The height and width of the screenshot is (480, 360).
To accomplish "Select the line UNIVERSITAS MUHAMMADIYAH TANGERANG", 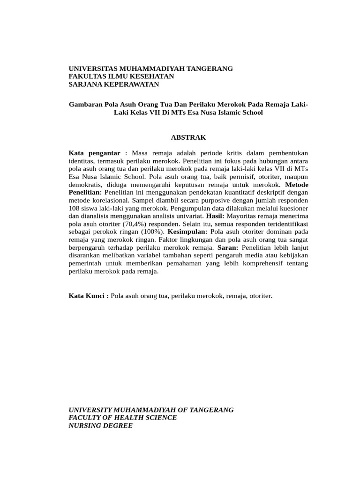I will [150, 68].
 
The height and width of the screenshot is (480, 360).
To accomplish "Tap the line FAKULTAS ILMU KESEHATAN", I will [121, 76].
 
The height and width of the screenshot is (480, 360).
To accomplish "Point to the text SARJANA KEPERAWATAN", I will [114, 84].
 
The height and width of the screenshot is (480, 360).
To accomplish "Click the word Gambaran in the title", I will [86, 105].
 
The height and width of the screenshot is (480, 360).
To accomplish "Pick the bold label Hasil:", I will [214, 216].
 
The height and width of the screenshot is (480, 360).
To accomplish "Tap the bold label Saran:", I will [228, 247].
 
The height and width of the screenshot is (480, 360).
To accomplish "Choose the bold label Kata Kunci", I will [89, 296].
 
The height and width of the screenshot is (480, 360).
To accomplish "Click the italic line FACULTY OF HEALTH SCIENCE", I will [123, 418].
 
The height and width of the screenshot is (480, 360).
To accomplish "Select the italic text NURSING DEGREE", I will [100, 426].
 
